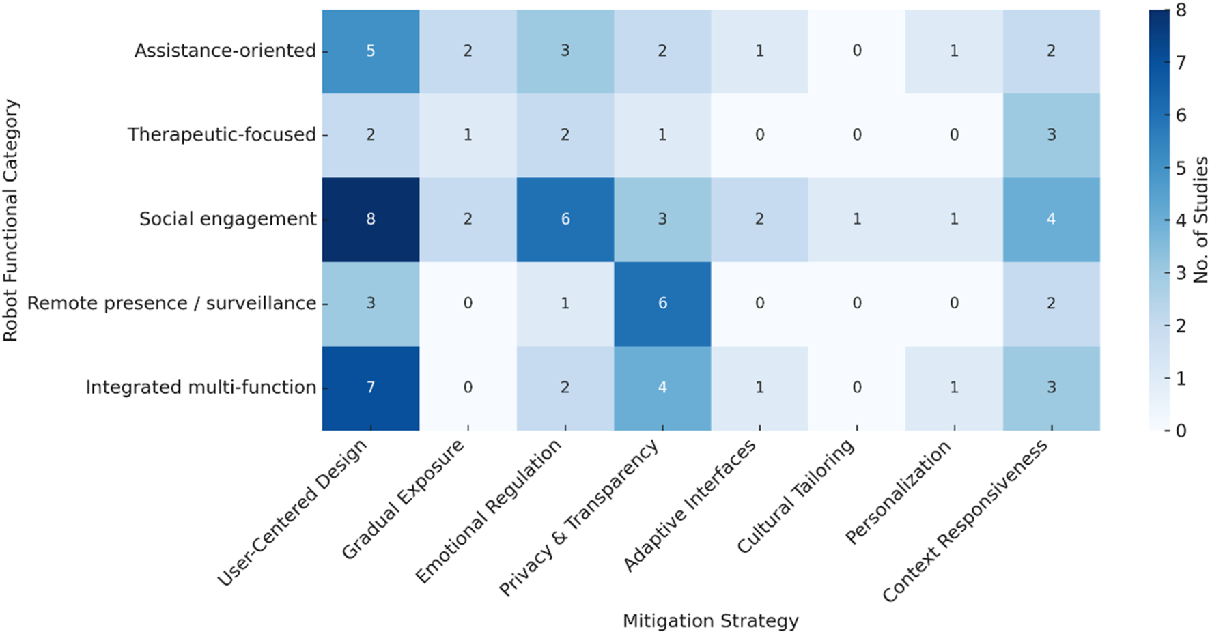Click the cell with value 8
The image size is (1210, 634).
pyautogui.click(x=371, y=219)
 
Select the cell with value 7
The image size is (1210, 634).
pyautogui.click(x=371, y=388)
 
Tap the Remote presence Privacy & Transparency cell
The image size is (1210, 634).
pyautogui.click(x=662, y=303)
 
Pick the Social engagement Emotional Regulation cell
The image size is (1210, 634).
pyautogui.click(x=565, y=219)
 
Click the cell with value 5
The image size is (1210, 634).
pyautogui.click(x=371, y=51)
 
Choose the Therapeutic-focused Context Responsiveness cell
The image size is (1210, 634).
pyautogui.click(x=1051, y=135)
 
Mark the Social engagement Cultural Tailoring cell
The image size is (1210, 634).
pyautogui.click(x=856, y=219)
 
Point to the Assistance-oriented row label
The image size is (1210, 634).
pyautogui.click(x=225, y=51)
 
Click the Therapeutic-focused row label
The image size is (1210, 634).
pyautogui.click(x=221, y=135)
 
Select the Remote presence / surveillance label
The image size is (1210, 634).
pyautogui.click(x=171, y=303)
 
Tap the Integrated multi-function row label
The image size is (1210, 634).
pyautogui.click(x=201, y=388)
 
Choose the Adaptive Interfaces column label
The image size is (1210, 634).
pyautogui.click(x=690, y=505)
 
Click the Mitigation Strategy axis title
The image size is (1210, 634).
pyautogui.click(x=710, y=621)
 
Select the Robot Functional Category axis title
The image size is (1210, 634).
pyautogui.click(x=11, y=220)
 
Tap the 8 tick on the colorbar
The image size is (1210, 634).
pyautogui.click(x=1181, y=10)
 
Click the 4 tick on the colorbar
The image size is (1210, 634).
pyautogui.click(x=1181, y=220)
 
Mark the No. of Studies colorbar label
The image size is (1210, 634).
pyautogui.click(x=1200, y=220)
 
